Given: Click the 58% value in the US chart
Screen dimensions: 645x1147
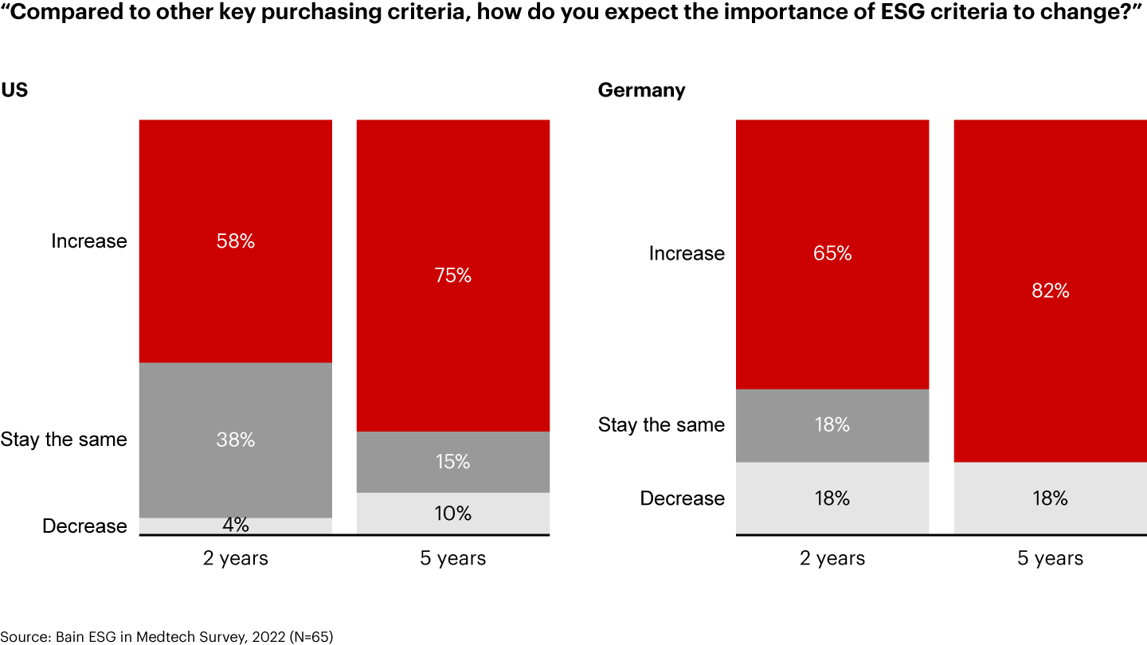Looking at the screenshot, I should point(236,241).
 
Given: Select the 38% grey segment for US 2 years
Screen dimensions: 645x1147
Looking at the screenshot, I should point(236,440).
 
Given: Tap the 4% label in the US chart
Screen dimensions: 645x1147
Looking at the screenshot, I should point(236,526).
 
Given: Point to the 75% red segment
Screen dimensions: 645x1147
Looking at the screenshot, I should point(453,276).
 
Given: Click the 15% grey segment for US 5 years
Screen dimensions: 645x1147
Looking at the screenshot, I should point(453,462).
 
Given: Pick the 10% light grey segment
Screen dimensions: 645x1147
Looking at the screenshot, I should point(453,514).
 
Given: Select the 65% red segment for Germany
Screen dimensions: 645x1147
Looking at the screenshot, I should point(832,253).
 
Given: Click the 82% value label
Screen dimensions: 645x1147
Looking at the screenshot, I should point(1050,291).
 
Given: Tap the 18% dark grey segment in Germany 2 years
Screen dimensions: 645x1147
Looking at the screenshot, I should point(832,425).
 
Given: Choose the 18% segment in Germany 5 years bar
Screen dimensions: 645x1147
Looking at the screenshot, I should point(1050,498).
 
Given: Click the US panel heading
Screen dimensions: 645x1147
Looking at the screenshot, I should point(14,90).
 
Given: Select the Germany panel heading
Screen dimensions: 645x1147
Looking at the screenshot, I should point(641,90).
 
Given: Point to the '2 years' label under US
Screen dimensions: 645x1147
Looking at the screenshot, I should point(236,558).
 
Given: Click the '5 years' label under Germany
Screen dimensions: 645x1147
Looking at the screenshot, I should point(1050,558).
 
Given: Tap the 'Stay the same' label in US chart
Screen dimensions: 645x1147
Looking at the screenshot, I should point(64,440).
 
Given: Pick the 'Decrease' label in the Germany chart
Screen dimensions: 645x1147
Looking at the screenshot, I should point(683,498).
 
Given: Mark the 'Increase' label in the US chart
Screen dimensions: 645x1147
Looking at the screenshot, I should point(88,241).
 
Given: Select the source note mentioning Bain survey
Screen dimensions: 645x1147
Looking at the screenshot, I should point(166,636).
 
